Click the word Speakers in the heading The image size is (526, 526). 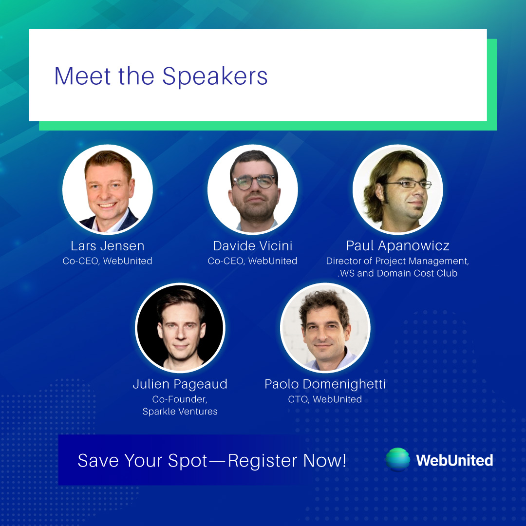point(215,76)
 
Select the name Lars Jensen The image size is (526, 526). point(108,246)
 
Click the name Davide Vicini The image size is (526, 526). point(252,246)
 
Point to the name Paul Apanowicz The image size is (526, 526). point(397,246)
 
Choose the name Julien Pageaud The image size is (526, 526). point(180,384)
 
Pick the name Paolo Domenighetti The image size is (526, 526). point(325,384)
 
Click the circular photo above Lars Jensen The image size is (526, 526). point(108,189)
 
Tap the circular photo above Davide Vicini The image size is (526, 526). point(252,189)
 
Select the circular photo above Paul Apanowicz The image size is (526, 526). point(397,189)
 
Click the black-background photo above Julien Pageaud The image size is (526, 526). point(180,328)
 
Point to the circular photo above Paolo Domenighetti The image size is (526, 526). point(325,328)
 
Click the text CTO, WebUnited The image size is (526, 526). point(325,399)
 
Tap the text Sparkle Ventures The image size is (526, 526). point(180,412)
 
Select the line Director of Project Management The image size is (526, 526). point(397,261)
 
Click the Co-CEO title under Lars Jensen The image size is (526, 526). point(108,261)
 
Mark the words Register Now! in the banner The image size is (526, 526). point(287,460)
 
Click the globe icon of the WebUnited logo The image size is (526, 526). point(398,460)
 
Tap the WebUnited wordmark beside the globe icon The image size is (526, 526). point(454,460)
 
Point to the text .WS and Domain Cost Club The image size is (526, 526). point(397,273)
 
